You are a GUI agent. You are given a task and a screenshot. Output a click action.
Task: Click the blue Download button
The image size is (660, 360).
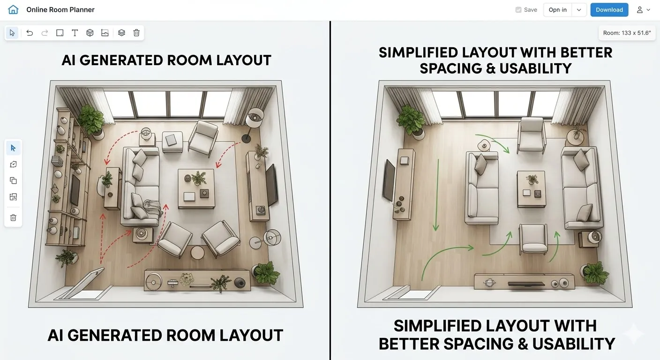click(x=609, y=10)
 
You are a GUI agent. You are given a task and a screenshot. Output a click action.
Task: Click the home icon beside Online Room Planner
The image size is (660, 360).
click(x=14, y=10)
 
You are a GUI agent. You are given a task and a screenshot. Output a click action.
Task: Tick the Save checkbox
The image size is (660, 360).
click(x=518, y=10)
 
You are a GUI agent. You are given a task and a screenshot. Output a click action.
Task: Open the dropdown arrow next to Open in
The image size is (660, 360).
click(x=579, y=10)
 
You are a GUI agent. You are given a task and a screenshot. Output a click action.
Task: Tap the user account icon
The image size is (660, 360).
click(x=640, y=10)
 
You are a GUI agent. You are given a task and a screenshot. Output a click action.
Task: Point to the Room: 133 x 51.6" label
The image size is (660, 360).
click(x=627, y=33)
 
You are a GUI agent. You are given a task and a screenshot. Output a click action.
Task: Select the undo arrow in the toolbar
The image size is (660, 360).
click(x=30, y=33)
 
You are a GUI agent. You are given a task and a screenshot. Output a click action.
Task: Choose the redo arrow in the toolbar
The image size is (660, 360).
click(x=45, y=33)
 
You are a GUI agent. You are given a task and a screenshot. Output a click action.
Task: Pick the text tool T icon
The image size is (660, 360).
click(x=75, y=33)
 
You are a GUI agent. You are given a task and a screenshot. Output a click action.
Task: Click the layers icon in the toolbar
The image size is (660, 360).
click(x=121, y=33)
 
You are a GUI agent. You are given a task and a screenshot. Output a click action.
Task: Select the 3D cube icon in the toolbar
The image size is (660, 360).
click(x=90, y=33)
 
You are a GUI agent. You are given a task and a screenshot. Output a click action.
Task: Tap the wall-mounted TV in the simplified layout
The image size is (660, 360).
click(x=389, y=180)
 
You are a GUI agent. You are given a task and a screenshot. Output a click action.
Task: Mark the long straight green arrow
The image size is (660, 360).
click(x=437, y=195)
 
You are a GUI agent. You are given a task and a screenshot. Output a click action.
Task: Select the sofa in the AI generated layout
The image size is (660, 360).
click(x=140, y=186)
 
